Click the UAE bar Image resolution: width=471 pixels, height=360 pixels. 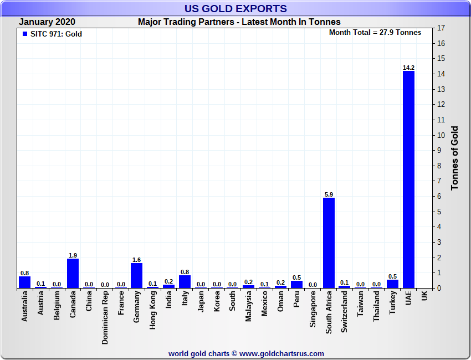408,179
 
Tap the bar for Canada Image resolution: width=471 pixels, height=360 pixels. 73,273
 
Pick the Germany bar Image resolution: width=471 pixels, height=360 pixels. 136,275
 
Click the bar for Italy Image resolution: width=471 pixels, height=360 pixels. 185,281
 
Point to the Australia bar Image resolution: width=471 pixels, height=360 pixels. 24,282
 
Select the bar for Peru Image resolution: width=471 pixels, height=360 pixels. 296,284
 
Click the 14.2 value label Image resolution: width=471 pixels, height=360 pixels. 408,68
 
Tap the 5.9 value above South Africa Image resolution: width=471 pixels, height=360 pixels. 329,194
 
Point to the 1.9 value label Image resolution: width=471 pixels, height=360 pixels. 73,255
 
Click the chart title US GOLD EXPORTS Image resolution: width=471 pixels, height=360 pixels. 235,8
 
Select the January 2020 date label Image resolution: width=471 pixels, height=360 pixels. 47,22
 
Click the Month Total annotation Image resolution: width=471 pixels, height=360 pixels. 375,32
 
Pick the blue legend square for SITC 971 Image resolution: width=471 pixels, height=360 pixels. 24,34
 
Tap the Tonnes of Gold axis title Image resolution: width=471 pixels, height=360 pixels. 455,158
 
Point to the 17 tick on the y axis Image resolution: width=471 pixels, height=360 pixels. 441,28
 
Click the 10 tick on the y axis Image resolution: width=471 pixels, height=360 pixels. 441,135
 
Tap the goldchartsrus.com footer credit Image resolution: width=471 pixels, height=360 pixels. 246,353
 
